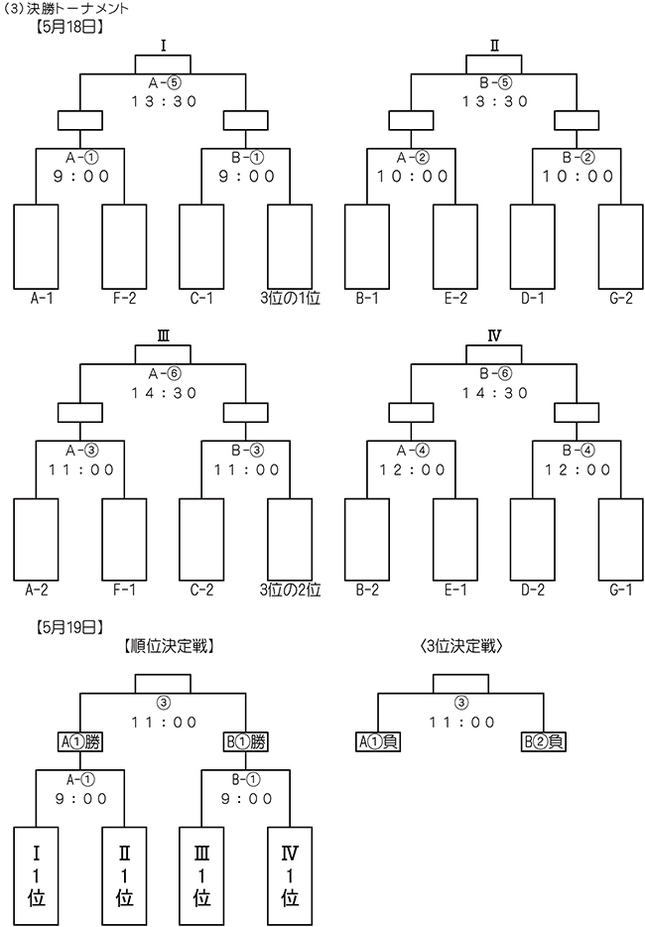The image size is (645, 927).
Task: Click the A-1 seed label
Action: [42, 299]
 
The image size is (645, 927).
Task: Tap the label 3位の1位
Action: [290, 299]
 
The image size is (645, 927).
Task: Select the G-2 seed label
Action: [621, 299]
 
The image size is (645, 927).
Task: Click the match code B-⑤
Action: [495, 83]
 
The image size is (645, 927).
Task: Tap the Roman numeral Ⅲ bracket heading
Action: [163, 336]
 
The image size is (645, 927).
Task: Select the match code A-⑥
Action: [164, 374]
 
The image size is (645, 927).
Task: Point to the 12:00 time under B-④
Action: [578, 470]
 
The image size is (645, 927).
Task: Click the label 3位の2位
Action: [290, 590]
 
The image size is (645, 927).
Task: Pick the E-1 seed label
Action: [455, 590]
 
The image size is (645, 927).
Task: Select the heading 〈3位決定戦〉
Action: [460, 647]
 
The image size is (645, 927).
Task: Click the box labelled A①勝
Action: [79, 741]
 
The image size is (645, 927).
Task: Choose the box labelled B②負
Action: [544, 741]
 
